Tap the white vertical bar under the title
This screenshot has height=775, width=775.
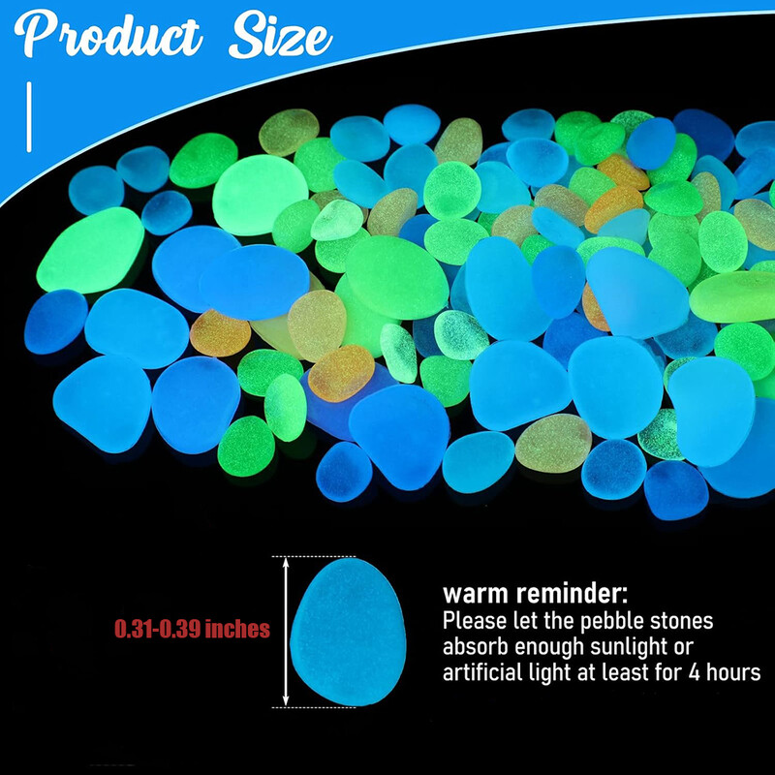click(x=31, y=116)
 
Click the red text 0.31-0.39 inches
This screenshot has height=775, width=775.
click(x=192, y=630)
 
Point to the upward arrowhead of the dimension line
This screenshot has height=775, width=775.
click(x=286, y=564)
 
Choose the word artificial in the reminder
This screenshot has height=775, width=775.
click(x=480, y=672)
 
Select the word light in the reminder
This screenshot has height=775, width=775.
click(x=548, y=672)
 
